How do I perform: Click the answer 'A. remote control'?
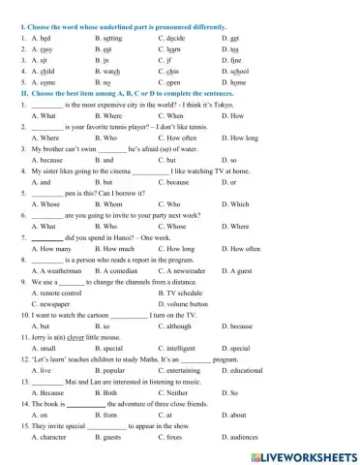click(56, 292)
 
